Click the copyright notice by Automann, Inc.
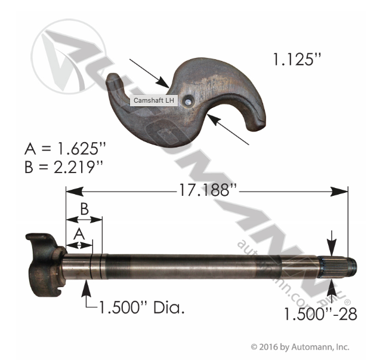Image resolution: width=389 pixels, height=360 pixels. [x=300, y=347]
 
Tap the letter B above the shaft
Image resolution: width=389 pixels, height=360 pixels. [x=84, y=209]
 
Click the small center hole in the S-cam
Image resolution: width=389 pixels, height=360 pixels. [x=188, y=102]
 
